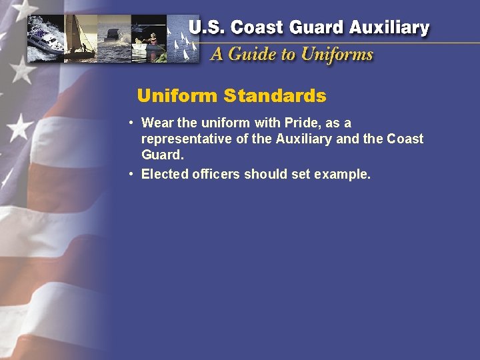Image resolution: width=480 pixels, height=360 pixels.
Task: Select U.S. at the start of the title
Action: (x=207, y=28)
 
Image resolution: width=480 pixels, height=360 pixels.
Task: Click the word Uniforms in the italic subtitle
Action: (x=337, y=54)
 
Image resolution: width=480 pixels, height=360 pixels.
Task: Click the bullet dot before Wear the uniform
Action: (x=133, y=123)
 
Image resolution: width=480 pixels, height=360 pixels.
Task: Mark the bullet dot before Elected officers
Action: (x=133, y=175)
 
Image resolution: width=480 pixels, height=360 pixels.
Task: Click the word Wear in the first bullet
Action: (x=157, y=123)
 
